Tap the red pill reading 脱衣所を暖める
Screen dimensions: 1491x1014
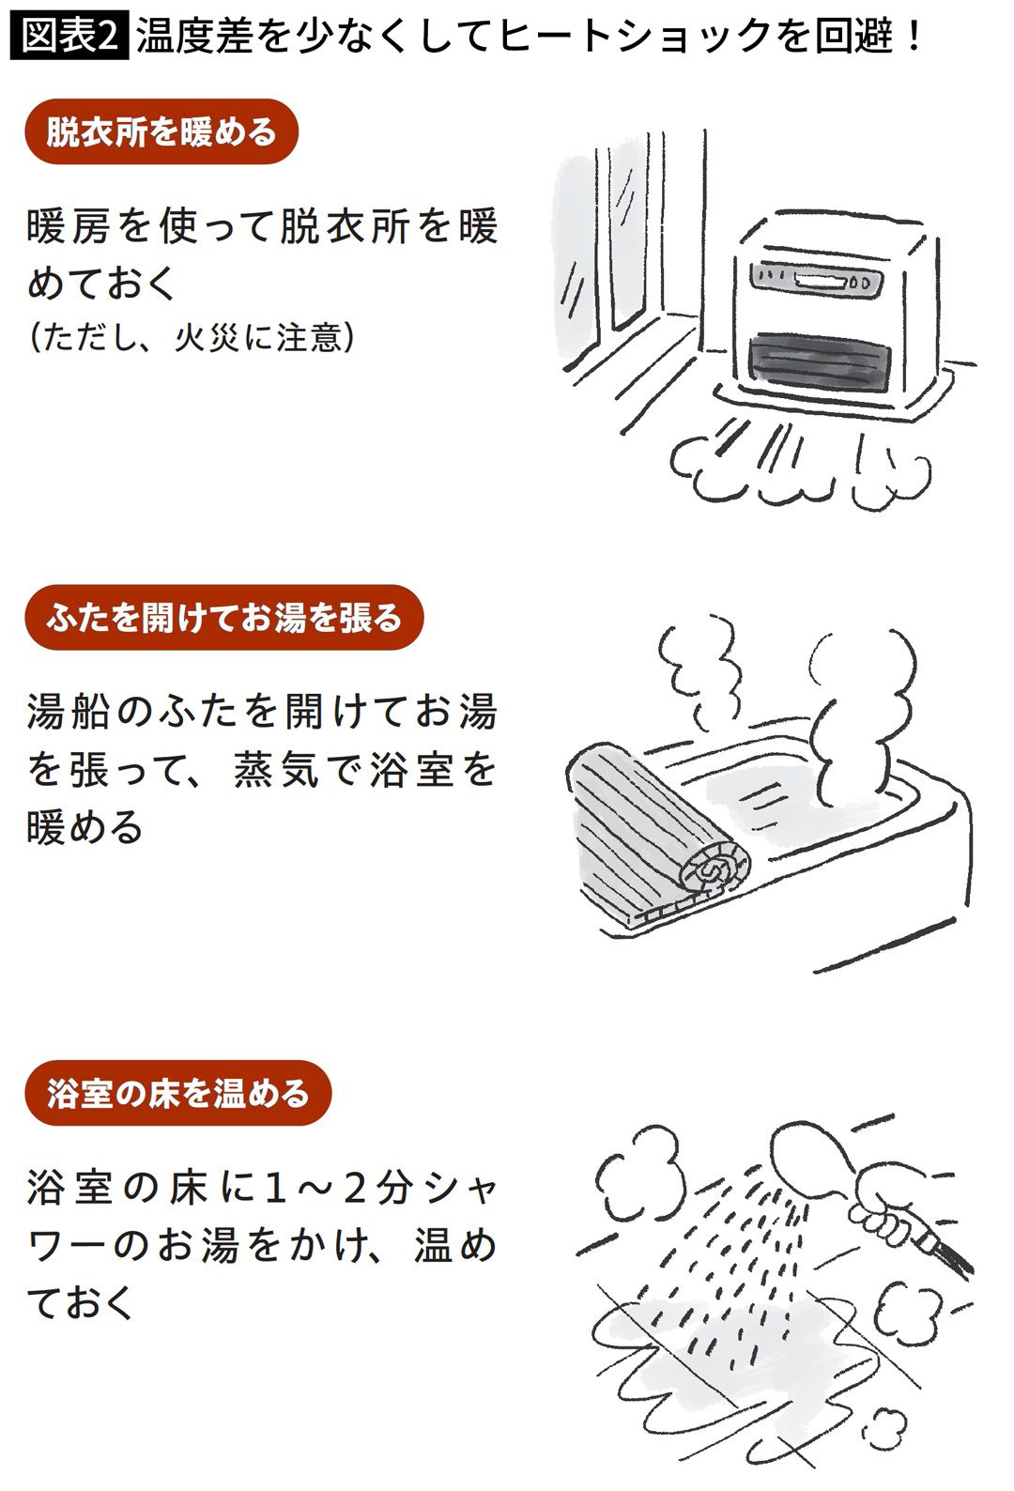click(x=161, y=131)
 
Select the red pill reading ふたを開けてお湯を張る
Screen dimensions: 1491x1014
click(x=223, y=618)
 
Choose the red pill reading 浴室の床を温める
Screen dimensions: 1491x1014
click(x=177, y=1093)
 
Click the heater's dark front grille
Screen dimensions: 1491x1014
click(x=818, y=362)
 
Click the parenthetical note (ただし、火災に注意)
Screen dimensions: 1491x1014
click(x=192, y=336)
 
